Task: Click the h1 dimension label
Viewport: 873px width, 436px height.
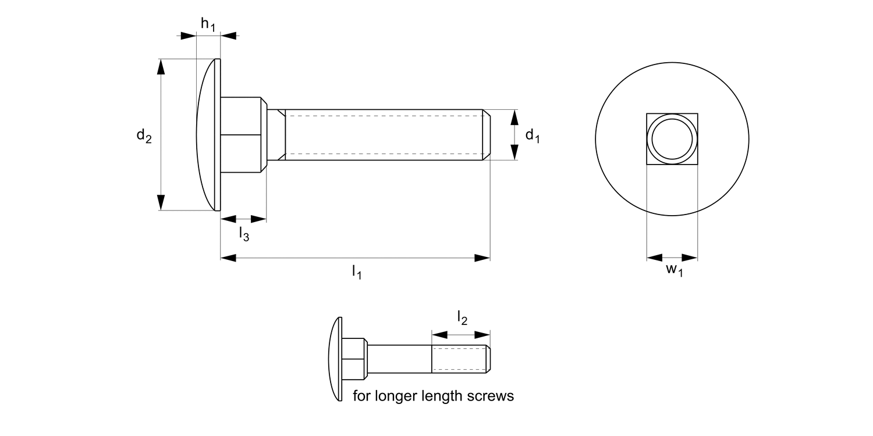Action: (x=208, y=24)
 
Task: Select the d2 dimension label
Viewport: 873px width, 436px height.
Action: (x=144, y=136)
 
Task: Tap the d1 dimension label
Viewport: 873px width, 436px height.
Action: (x=533, y=136)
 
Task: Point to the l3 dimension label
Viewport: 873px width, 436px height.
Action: (x=244, y=234)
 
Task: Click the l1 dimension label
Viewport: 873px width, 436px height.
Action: (x=357, y=271)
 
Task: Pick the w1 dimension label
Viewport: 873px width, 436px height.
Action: (x=674, y=270)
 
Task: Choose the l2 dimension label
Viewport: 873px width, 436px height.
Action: (x=462, y=317)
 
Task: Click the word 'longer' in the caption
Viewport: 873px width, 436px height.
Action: (x=397, y=396)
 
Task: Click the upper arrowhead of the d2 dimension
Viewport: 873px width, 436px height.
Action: (x=161, y=66)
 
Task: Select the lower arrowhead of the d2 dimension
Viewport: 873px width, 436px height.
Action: (x=161, y=202)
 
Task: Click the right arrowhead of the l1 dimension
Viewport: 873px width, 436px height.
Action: (x=482, y=258)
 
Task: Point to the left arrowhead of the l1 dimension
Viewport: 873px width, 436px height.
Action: (x=228, y=258)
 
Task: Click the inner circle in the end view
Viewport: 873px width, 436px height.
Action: (x=672, y=140)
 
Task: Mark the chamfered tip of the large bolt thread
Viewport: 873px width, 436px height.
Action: (x=487, y=135)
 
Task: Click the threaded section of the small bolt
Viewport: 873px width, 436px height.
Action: (x=458, y=359)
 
